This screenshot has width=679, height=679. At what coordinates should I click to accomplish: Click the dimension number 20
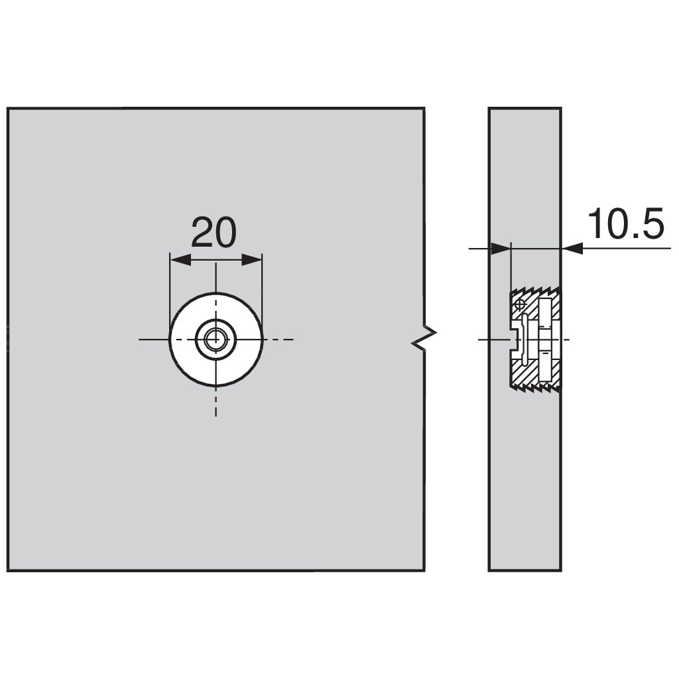[x=214, y=233]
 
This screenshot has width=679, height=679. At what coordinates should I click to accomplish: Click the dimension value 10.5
[x=625, y=223]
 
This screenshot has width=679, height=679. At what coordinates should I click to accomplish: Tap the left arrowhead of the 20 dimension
[x=180, y=260]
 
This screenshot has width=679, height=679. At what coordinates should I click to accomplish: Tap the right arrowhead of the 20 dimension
[x=251, y=260]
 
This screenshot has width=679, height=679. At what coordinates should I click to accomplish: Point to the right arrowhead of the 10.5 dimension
[x=572, y=249]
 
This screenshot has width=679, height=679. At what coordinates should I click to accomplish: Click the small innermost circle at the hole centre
[x=216, y=339]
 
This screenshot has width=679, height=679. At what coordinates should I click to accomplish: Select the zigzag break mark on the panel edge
[x=424, y=339]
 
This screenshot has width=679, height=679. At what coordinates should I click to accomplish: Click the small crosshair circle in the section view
[x=521, y=304]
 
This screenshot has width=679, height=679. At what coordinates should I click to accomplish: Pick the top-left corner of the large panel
[x=8, y=108]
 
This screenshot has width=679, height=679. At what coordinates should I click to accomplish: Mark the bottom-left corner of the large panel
[x=8, y=570]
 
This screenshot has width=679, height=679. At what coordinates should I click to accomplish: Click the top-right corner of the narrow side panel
[x=561, y=108]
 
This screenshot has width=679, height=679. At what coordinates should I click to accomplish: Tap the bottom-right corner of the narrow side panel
[x=561, y=570]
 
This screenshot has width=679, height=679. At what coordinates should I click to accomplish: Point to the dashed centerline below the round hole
[x=216, y=401]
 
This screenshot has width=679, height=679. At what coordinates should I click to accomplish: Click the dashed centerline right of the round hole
[x=278, y=339]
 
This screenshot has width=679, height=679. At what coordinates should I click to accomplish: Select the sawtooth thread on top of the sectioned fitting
[x=536, y=290]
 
